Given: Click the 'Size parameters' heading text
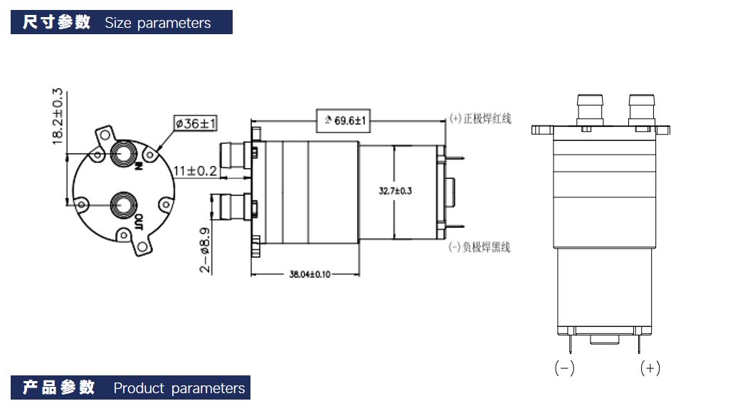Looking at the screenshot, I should pyautogui.click(x=157, y=23).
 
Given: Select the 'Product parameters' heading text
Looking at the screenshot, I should pyautogui.click(x=179, y=388).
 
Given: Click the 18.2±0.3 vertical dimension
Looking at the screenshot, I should pyautogui.click(x=58, y=116).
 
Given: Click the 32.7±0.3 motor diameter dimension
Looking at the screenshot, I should pyautogui.click(x=396, y=191).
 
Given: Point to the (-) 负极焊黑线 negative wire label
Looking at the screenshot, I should pyautogui.click(x=480, y=247).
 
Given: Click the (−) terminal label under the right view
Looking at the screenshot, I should pyautogui.click(x=564, y=368).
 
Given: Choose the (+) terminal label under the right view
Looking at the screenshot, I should pyautogui.click(x=650, y=368).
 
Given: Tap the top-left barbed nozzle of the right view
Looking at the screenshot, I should pyautogui.click(x=589, y=108).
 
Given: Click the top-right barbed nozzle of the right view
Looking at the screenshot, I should pyautogui.click(x=642, y=108).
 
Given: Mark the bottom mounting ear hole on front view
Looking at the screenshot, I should pyautogui.click(x=143, y=246).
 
